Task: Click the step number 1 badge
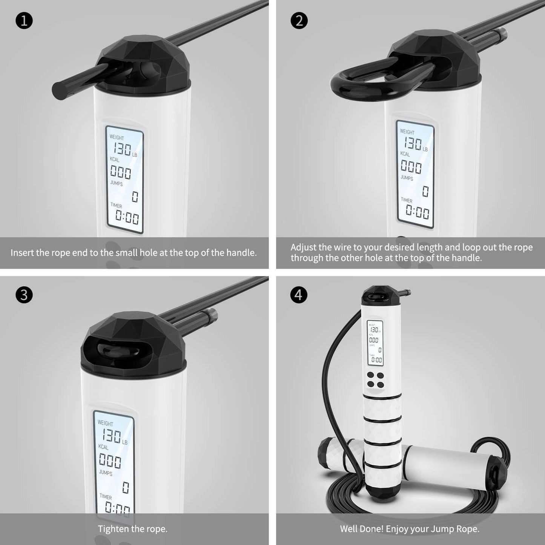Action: tap(24, 21)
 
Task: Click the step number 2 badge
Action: tap(299, 21)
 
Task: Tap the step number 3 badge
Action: tap(24, 295)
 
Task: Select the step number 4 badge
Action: tap(299, 295)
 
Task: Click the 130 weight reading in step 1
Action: tap(122, 149)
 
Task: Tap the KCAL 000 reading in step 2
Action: tap(411, 167)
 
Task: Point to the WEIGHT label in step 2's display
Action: tap(407, 132)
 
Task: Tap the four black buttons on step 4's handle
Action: tap(375, 379)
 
